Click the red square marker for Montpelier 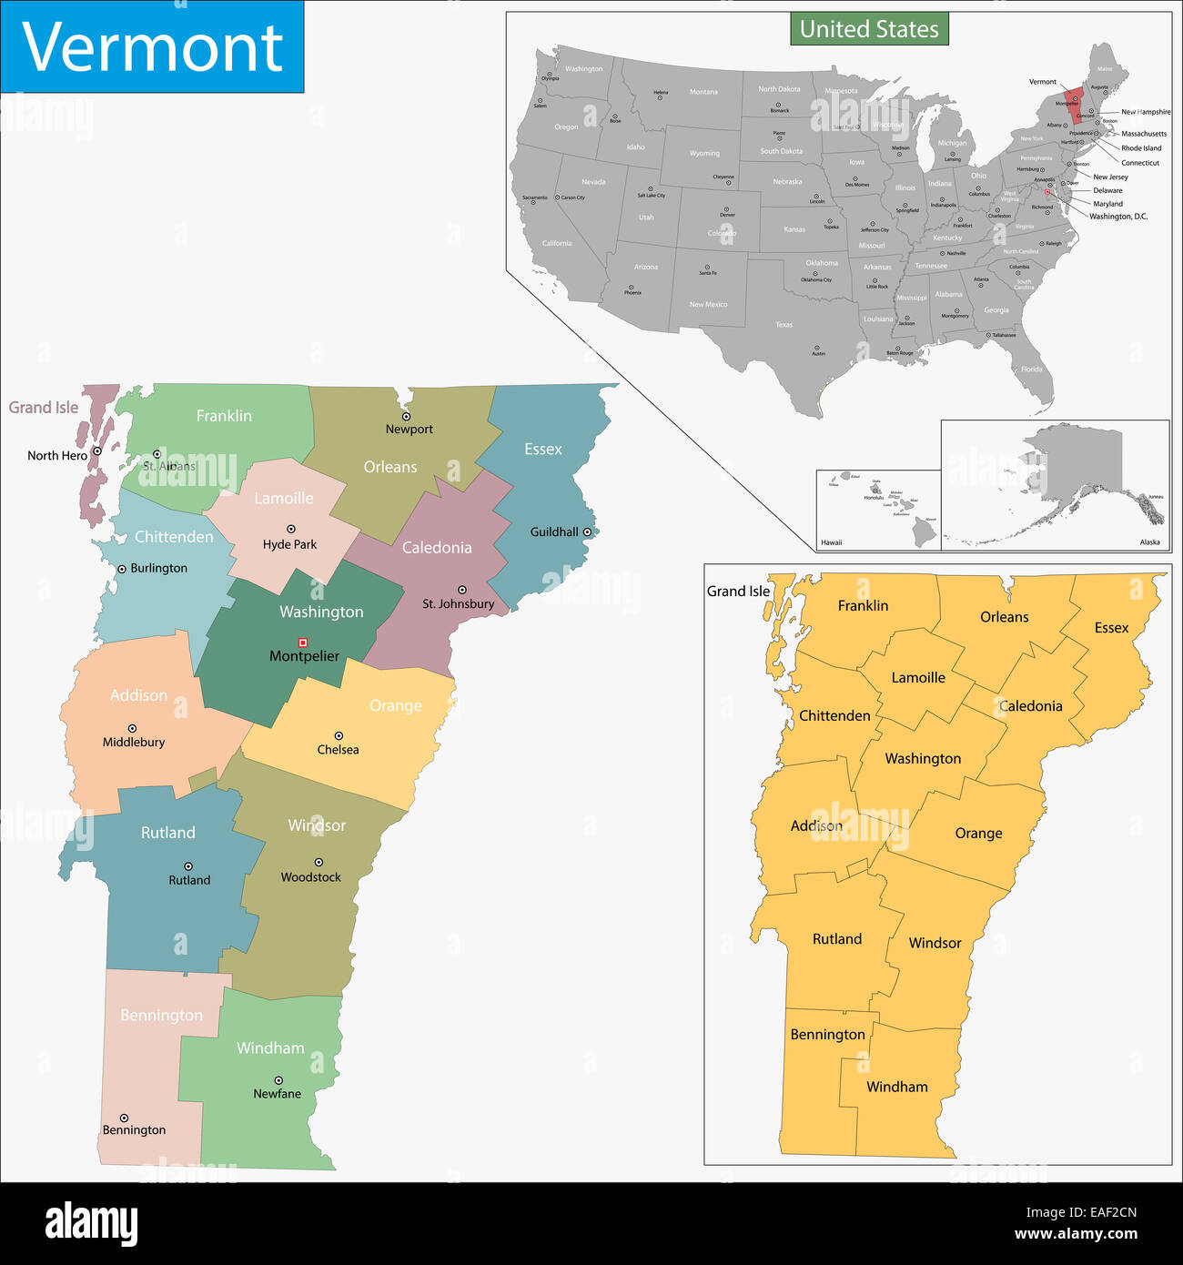pyautogui.click(x=303, y=643)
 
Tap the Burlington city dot pyautogui.click(x=122, y=569)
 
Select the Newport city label pyautogui.click(x=409, y=430)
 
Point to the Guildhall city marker pyautogui.click(x=587, y=531)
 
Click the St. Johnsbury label pyautogui.click(x=458, y=603)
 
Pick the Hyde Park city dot pyautogui.click(x=291, y=529)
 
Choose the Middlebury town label pyautogui.click(x=134, y=742)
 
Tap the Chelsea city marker pyautogui.click(x=339, y=735)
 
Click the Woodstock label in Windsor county pyautogui.click(x=310, y=877)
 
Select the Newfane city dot pyautogui.click(x=278, y=1080)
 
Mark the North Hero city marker pyautogui.click(x=96, y=450)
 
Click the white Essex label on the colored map pyautogui.click(x=542, y=450)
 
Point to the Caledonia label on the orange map pyautogui.click(x=1030, y=706)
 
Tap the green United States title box pyautogui.click(x=869, y=29)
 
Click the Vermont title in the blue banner pyautogui.click(x=152, y=47)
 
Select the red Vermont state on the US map pyautogui.click(x=1074, y=104)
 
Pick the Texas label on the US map pyautogui.click(x=784, y=325)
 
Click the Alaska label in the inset pyautogui.click(x=1149, y=542)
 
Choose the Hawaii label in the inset pyautogui.click(x=831, y=542)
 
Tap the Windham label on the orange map pyautogui.click(x=896, y=1087)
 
